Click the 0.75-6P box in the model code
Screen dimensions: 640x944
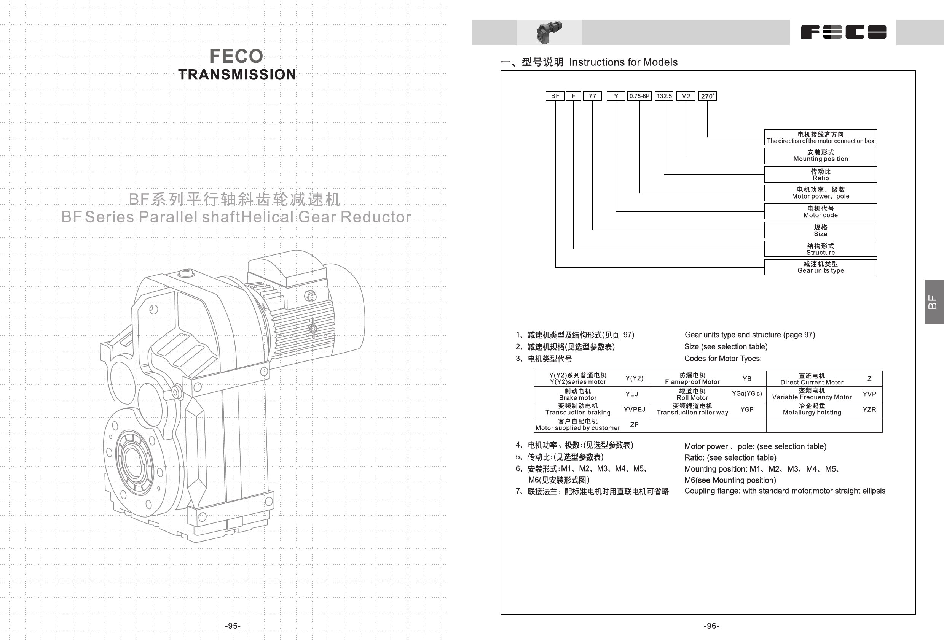[639, 96]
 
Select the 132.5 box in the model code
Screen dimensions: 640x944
[664, 96]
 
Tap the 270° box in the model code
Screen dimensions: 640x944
[707, 96]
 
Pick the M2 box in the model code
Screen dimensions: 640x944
[686, 96]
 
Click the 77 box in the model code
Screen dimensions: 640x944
[592, 96]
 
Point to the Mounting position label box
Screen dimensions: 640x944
[820, 156]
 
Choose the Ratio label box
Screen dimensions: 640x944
[820, 175]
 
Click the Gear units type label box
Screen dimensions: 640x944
[820, 267]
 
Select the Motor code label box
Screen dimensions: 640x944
[820, 212]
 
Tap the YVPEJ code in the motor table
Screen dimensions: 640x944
[634, 410]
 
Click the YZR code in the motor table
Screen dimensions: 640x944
[869, 410]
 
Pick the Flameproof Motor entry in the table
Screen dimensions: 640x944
[692, 379]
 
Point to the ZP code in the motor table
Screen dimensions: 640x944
[634, 425]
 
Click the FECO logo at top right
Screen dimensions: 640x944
[843, 32]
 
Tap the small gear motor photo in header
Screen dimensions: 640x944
[549, 32]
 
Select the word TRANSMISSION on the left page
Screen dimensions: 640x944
[237, 75]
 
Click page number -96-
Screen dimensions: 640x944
[711, 626]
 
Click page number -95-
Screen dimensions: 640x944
[233, 626]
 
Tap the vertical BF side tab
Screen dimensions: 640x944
[933, 302]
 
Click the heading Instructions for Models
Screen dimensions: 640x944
[623, 62]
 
